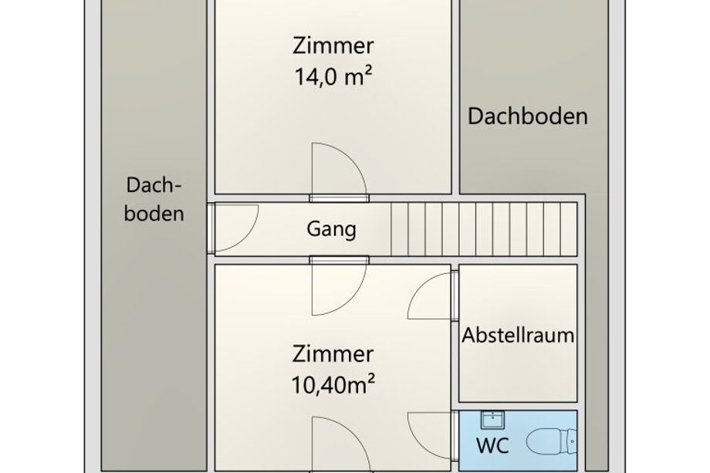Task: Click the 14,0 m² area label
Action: point(333,76)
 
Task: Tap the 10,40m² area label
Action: point(333,385)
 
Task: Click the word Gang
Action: point(331,229)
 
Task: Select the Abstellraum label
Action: point(518,336)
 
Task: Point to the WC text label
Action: point(492,445)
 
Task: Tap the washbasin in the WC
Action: point(492,419)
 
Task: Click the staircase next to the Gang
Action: point(484,229)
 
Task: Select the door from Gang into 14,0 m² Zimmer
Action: point(339,172)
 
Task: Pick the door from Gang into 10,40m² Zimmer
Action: point(339,286)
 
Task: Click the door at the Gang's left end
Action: point(233,227)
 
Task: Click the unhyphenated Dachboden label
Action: point(528,117)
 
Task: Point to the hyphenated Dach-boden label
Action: point(154,199)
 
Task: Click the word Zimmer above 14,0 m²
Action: point(333,46)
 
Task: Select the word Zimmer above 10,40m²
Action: point(333,354)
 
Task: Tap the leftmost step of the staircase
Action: point(400,229)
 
